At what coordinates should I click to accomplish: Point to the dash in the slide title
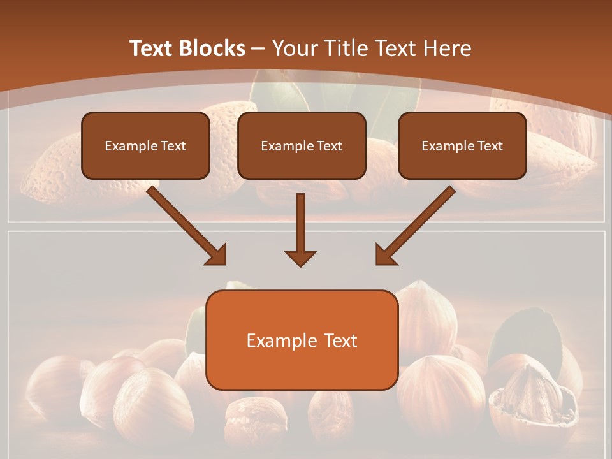[x=258, y=48]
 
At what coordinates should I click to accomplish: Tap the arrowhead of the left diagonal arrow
[x=217, y=254]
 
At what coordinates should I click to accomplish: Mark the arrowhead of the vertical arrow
[x=300, y=258]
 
